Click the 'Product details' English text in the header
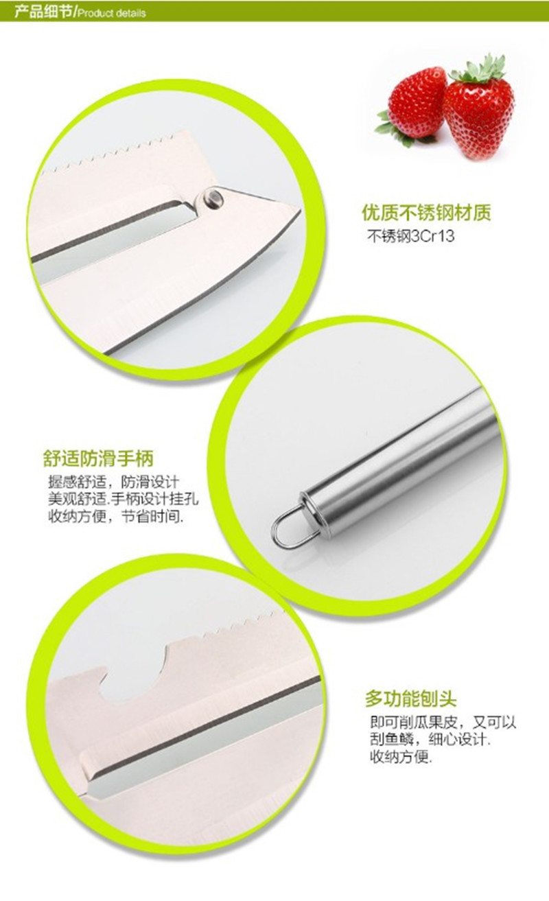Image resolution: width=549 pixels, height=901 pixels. [111, 13]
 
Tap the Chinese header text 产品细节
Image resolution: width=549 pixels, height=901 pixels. [43, 12]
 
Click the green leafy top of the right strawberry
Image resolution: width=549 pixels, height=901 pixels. [478, 69]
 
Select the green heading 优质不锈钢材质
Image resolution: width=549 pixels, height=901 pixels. [426, 212]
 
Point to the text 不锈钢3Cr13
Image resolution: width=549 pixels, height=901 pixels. [410, 236]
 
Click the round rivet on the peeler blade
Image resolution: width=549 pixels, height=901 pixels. [213, 198]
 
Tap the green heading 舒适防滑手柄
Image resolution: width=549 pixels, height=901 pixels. [98, 459]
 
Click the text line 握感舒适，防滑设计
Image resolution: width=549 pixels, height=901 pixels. [114, 482]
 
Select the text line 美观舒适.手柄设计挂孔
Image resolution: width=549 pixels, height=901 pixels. [123, 499]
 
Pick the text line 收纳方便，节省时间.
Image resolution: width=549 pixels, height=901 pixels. [116, 515]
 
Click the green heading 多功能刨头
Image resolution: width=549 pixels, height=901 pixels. [410, 699]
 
